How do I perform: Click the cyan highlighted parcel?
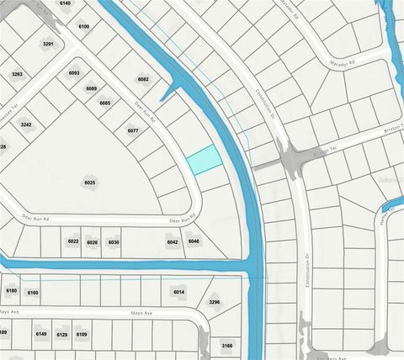pyautogui.click(x=202, y=159)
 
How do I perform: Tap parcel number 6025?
pyautogui.click(x=90, y=183)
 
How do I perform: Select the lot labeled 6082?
pyautogui.click(x=143, y=79)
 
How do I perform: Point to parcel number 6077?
pyautogui.click(x=132, y=130)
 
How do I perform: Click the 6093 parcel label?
pyautogui.click(x=74, y=73)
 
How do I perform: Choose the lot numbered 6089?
pyautogui.click(x=91, y=88)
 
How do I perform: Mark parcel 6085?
pyautogui.click(x=105, y=103)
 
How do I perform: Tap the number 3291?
pyautogui.click(x=49, y=44)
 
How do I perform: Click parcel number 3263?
pyautogui.click(x=17, y=74)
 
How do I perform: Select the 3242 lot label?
pyautogui.click(x=26, y=124)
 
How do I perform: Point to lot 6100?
pyautogui.click(x=83, y=27)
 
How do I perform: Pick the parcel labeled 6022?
pyautogui.click(x=73, y=242)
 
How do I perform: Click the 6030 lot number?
pyautogui.click(x=114, y=242)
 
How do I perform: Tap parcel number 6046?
pyautogui.click(x=194, y=241)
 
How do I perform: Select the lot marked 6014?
pyautogui.click(x=178, y=292)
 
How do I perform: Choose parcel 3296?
pyautogui.click(x=214, y=302)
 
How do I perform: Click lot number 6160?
pyautogui.click(x=33, y=293)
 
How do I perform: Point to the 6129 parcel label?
pyautogui.click(x=61, y=334)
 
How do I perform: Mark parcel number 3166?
pyautogui.click(x=227, y=345)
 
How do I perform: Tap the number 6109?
pyautogui.click(x=82, y=334)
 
